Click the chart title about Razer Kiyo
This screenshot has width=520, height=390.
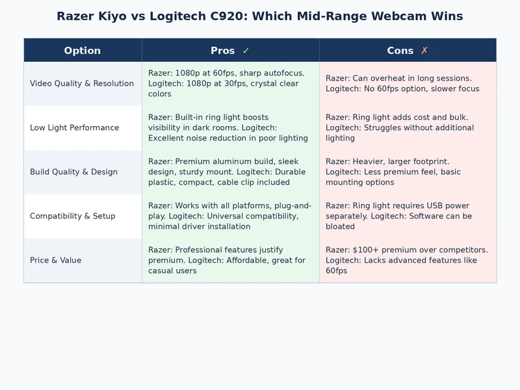[x=259, y=16]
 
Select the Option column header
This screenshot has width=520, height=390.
[x=83, y=51]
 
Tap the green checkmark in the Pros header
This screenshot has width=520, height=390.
[x=246, y=51]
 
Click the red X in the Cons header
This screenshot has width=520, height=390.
[x=424, y=51]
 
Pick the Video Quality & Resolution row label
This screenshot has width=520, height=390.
[x=82, y=84]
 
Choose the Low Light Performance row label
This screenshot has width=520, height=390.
[x=75, y=128]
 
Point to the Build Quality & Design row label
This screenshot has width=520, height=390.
[x=73, y=172]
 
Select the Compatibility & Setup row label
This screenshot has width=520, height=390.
[x=72, y=216]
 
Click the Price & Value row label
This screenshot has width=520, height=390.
[x=56, y=261]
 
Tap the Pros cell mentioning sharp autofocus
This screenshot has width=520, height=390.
[x=230, y=84]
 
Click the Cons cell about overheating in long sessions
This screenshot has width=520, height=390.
[x=408, y=84]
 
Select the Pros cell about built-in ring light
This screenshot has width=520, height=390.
[x=230, y=128]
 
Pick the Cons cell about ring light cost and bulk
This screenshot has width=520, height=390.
[x=408, y=128]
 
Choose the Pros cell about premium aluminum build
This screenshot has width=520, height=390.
[x=230, y=172]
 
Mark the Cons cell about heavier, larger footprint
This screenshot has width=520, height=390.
[x=408, y=172]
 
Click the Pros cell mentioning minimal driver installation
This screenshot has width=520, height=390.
[x=230, y=216]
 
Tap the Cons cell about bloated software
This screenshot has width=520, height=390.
[x=408, y=216]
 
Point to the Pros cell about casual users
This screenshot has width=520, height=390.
[x=230, y=261]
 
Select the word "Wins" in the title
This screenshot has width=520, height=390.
[x=445, y=16]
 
